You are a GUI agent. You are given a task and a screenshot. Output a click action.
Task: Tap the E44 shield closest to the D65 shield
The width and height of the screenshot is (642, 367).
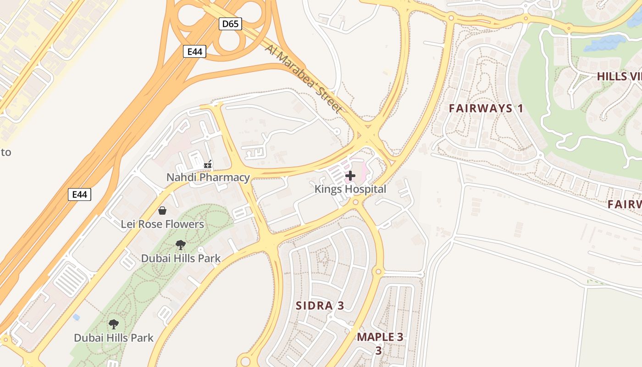point(194,51)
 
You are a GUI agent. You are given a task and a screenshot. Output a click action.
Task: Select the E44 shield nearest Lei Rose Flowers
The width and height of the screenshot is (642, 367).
point(79,195)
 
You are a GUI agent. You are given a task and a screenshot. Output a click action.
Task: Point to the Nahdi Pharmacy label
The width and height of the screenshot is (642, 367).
point(208,177)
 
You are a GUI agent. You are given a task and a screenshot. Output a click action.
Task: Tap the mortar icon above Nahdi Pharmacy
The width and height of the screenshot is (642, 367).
point(208,164)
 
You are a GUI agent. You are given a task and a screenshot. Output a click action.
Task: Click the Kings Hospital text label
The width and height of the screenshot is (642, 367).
point(350,189)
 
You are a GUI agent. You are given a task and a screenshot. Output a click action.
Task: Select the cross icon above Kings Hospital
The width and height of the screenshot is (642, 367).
point(350,176)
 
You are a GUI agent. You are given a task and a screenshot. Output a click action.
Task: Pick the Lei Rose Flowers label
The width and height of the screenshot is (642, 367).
point(162,224)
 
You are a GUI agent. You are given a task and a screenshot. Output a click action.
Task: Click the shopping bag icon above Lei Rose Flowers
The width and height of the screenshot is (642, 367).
point(162,211)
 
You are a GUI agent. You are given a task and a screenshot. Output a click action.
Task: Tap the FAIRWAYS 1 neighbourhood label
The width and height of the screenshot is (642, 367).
point(486,109)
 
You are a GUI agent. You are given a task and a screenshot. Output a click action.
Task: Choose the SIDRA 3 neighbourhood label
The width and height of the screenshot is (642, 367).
point(320,306)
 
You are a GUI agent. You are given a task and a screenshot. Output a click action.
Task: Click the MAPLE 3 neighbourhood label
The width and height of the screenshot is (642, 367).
point(380,337)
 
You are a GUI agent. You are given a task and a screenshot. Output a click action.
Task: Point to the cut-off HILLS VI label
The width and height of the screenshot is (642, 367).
point(619,77)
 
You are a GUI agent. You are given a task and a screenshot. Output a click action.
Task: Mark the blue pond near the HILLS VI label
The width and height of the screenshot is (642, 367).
point(605,44)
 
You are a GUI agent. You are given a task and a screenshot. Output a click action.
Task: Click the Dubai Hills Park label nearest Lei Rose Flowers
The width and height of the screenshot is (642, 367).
point(181,258)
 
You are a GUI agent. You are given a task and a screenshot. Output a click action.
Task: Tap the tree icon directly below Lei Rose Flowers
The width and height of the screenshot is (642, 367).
point(181,245)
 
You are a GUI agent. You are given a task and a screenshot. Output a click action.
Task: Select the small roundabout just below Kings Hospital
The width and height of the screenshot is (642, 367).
point(355,202)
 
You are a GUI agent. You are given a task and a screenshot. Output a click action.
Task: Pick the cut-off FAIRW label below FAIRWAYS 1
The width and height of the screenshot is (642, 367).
point(624,205)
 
